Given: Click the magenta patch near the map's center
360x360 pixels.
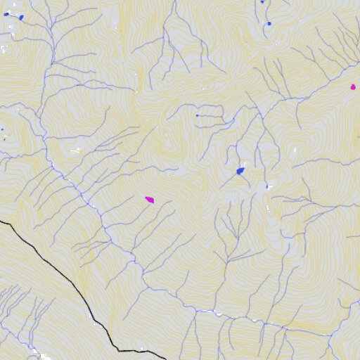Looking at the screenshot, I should click(149, 200).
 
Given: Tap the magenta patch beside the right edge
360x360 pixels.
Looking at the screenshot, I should click(353, 87).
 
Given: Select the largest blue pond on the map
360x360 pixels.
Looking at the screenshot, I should click(240, 170).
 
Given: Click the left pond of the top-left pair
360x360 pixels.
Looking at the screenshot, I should click(6, 14).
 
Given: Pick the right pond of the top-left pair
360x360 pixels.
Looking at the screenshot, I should click(21, 18).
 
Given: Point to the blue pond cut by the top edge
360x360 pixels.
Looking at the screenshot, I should click(262, 2).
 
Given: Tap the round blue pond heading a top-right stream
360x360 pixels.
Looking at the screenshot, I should click(269, 24).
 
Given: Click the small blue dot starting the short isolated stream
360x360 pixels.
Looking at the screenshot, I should click(197, 115).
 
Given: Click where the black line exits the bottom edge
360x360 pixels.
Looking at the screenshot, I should click(166, 359).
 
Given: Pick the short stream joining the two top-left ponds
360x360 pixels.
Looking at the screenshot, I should click(13, 15).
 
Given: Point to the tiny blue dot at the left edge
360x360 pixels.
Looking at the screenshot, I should click(2, 129).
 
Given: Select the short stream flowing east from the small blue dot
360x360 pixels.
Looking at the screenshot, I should click(210, 115).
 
